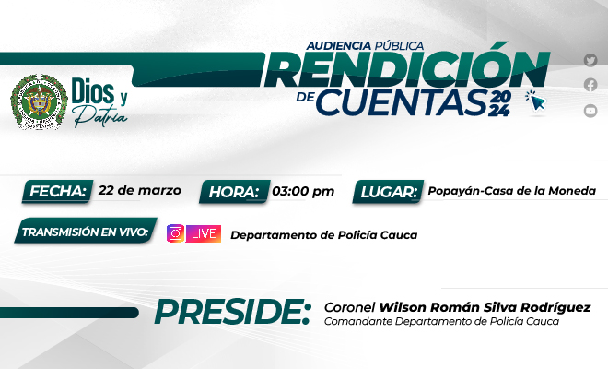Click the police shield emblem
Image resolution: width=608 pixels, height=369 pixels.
pos(39,101)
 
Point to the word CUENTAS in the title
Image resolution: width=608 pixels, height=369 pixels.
pos(401,104)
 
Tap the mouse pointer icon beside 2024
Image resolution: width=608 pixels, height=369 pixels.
pos(534,101)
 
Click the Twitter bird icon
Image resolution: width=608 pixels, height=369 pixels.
pos(590,61)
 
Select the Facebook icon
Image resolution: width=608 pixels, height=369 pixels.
pos(590,85)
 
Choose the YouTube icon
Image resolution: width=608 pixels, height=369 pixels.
pos(590,111)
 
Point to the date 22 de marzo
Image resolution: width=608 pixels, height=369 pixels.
pos(139,191)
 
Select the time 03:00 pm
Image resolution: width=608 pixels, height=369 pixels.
pos(303,192)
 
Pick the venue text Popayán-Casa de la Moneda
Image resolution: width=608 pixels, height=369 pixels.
pos(511,192)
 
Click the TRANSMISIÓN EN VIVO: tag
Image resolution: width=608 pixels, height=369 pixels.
pos(87,232)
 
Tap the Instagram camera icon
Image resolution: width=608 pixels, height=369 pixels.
pos(175,233)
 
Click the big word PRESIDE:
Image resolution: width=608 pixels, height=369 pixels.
pos(231,313)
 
